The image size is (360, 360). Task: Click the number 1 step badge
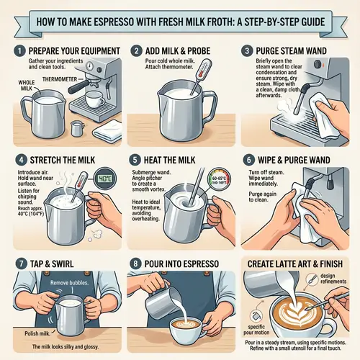click(x=17, y=51)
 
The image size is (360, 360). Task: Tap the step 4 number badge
click(x=17, y=155)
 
